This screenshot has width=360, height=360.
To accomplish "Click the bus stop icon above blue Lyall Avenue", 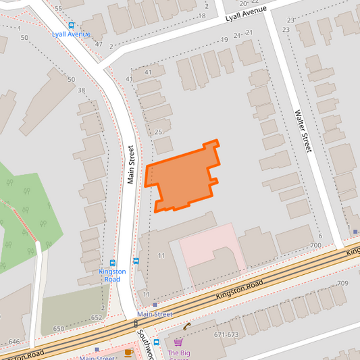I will click(x=71, y=25).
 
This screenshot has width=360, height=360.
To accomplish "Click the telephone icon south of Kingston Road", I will click(x=186, y=327).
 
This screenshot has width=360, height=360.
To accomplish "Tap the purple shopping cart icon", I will click(x=178, y=342).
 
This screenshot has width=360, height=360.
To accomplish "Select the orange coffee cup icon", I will click(x=128, y=353).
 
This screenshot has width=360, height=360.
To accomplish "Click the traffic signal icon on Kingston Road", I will click(x=136, y=324).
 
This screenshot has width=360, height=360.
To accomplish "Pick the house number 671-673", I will click(x=226, y=335).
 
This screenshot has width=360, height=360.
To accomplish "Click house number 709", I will click(x=342, y=283).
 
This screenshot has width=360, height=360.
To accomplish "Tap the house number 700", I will click(x=315, y=245).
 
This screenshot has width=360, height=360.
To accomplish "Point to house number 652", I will click(x=97, y=317).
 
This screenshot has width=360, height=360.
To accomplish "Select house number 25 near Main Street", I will click(x=159, y=132).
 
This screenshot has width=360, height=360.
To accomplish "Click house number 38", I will click(x=82, y=90).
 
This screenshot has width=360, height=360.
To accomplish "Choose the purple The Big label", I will click(x=178, y=353).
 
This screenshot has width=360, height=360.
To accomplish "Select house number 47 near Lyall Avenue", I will click(x=99, y=44).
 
